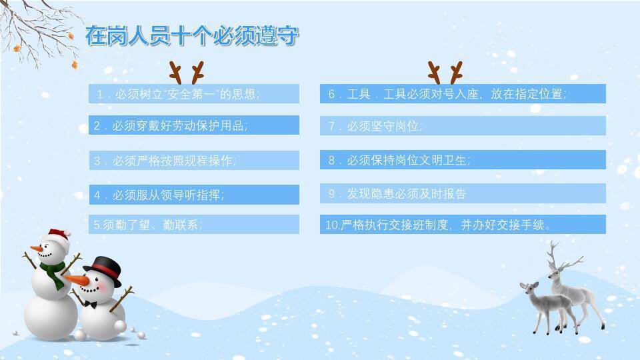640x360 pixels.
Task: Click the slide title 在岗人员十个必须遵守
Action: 192,35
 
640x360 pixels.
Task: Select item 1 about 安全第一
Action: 193,94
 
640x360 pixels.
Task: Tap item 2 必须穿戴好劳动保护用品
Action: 193,125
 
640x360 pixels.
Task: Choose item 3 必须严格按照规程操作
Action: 193,161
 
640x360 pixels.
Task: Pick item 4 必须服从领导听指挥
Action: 193,195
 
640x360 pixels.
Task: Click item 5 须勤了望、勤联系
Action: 193,225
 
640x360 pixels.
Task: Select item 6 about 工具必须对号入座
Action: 462,94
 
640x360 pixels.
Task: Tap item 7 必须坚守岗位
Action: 462,125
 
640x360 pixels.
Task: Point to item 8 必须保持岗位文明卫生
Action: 462,160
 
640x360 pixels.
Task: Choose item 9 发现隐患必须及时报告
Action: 462,193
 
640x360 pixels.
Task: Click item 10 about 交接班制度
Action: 462,225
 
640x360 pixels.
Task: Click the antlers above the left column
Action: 187,71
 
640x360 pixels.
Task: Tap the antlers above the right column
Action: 445,71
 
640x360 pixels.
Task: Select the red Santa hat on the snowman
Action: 59,233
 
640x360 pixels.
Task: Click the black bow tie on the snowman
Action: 91,304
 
